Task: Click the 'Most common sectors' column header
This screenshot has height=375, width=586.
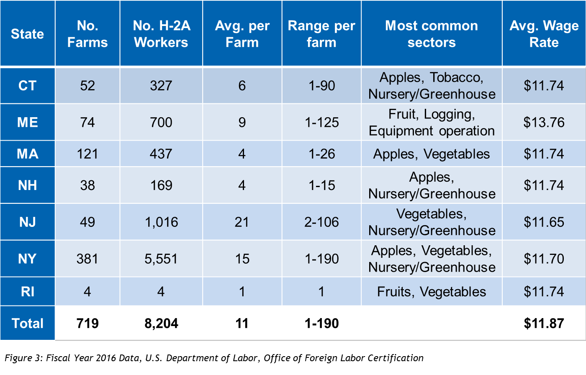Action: click(431, 34)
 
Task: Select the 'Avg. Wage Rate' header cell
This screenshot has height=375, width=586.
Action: click(544, 34)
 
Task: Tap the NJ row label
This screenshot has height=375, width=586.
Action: click(27, 222)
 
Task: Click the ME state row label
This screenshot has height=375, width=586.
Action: click(27, 122)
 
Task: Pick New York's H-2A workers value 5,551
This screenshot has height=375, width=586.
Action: click(161, 259)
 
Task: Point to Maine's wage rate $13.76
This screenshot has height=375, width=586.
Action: click(544, 122)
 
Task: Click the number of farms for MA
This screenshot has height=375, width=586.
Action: click(87, 154)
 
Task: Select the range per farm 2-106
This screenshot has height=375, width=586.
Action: click(321, 222)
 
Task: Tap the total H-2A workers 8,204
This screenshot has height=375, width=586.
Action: click(161, 323)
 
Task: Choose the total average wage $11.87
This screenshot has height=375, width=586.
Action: click(544, 323)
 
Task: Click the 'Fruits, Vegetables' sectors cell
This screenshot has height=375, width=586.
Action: click(432, 292)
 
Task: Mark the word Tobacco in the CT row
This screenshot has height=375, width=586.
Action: click(456, 77)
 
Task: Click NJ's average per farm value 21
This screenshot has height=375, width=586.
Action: click(242, 222)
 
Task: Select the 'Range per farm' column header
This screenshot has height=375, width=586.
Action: click(321, 34)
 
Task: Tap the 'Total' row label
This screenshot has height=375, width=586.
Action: click(27, 323)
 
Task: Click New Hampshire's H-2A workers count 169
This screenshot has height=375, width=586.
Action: click(161, 185)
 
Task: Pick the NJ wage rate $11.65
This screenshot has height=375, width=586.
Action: click(544, 222)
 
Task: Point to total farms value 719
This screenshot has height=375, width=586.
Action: click(87, 323)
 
